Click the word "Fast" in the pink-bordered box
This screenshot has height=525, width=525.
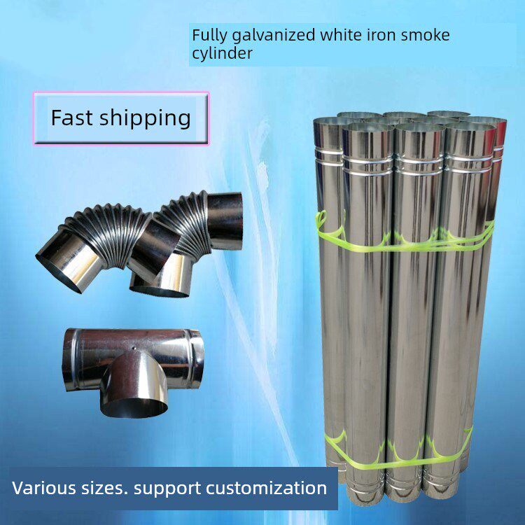[x=71, y=118]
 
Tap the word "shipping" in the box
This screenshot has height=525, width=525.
[x=146, y=119]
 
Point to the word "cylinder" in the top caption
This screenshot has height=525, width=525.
[x=222, y=53]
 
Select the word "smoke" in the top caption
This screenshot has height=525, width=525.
[x=425, y=35]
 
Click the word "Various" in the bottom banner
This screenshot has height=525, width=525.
[x=43, y=488]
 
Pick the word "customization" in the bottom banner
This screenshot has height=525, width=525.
[x=266, y=488]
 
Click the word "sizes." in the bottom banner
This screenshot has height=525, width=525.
[x=105, y=488]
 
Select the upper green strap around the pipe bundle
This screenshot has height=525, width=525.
[x=406, y=241]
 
